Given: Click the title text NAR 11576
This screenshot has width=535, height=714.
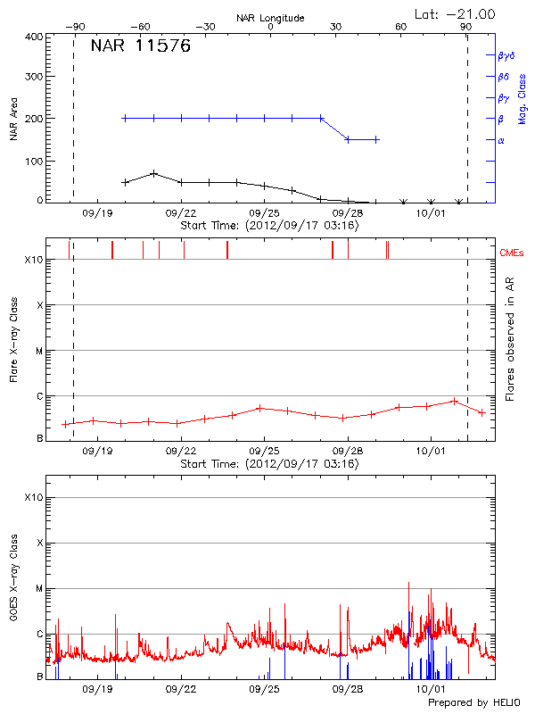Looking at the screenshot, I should pos(140,47).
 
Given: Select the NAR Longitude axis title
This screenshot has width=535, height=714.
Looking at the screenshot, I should pos(270,18).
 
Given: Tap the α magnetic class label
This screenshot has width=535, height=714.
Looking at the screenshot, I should pos(501,140).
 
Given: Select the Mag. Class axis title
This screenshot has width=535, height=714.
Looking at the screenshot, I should pos(522,97).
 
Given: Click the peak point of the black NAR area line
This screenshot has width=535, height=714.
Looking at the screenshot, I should pos(154,173).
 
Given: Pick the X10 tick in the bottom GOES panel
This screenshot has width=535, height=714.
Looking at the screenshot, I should pos(33,497).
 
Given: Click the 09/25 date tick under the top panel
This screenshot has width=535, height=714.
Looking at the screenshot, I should pos(264,214).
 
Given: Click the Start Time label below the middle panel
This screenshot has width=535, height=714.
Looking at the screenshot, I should pos(269,464).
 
